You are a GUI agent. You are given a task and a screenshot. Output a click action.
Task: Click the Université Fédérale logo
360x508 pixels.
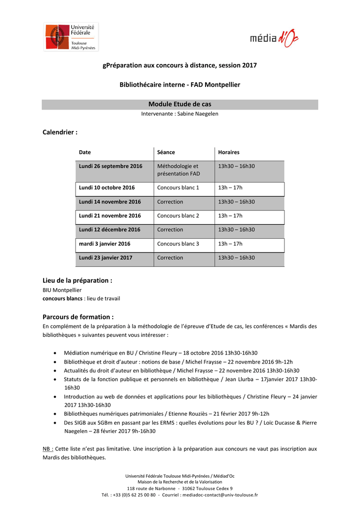[71, 37]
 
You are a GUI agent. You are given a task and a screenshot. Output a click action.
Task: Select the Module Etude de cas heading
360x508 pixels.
[180, 104]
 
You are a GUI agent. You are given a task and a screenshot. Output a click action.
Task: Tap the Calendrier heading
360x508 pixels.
[60, 132]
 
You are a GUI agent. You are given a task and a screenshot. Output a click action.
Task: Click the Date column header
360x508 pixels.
[85, 152]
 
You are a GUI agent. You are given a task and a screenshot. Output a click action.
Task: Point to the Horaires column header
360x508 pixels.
[228, 152]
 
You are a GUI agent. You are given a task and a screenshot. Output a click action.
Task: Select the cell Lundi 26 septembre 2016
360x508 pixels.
[110, 166]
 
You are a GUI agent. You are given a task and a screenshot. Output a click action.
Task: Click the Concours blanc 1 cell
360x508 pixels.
[178, 188]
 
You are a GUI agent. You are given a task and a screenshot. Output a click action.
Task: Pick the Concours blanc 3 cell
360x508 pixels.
[178, 244]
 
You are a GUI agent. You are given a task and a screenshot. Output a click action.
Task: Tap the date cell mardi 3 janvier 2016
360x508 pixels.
[104, 244]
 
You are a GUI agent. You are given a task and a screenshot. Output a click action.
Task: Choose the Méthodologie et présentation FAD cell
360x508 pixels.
[178, 170]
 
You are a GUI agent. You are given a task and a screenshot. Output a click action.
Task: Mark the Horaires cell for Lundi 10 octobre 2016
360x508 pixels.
[230, 188]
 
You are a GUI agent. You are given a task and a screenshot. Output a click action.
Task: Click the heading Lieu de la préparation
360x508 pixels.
[77, 280]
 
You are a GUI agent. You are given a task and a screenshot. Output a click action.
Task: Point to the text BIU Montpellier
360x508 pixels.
[62, 290]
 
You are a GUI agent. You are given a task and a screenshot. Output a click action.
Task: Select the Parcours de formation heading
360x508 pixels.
[78, 317]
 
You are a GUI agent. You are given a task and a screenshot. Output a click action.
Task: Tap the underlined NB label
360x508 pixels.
[48, 448]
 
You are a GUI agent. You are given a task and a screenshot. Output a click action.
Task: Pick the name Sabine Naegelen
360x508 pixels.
[198, 114]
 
